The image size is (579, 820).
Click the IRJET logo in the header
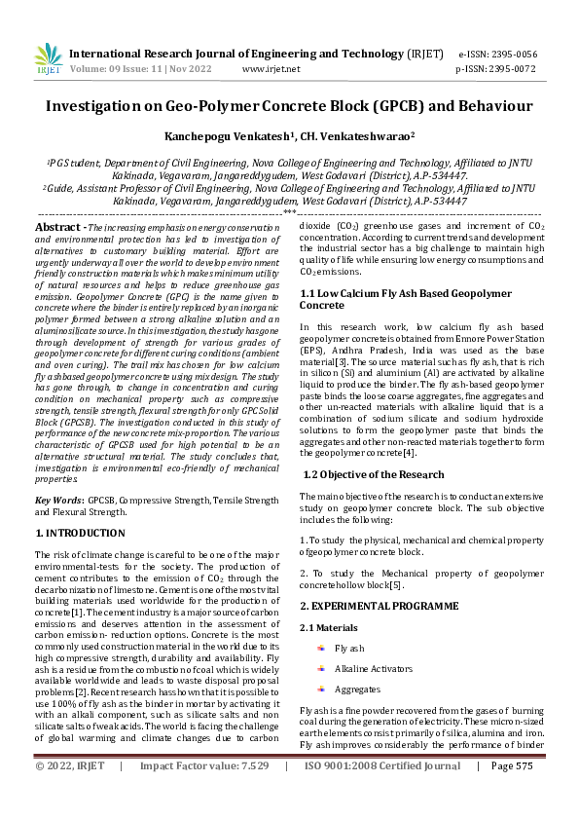pos(47,59)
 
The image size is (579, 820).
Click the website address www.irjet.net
pos(271,69)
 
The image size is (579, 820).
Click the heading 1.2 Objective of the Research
pos(374,474)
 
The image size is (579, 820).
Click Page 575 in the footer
pos(512,793)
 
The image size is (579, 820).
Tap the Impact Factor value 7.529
pos(248,793)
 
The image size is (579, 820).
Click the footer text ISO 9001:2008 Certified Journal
pos(382,793)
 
